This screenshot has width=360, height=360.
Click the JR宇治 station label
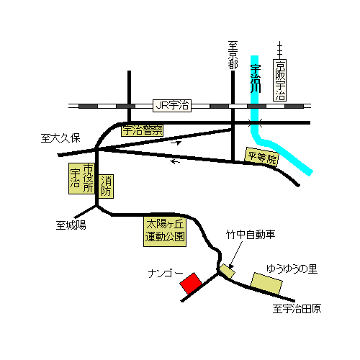click(x=172, y=106)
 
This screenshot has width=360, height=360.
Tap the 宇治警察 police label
click(x=142, y=130)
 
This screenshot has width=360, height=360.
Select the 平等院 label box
click(x=262, y=157)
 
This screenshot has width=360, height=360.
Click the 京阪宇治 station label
click(x=280, y=80)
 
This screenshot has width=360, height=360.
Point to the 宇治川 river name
click(x=256, y=78)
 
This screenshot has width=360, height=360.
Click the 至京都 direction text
click(x=233, y=55)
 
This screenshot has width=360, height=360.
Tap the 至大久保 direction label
click(x=60, y=138)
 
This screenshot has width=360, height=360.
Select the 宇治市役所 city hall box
click(x=81, y=179)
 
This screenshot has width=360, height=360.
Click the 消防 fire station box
click(x=106, y=186)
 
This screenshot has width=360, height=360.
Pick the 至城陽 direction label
click(x=71, y=225)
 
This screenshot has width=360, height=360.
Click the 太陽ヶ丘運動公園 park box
click(x=165, y=232)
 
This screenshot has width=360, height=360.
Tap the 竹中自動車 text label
click(x=251, y=234)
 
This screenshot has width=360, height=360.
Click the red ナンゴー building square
click(x=191, y=283)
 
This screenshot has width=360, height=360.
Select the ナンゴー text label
click(x=166, y=273)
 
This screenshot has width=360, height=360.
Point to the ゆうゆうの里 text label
click(x=292, y=269)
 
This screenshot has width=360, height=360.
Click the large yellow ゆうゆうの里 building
click(x=266, y=284)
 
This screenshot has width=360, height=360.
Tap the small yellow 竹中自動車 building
click(x=228, y=271)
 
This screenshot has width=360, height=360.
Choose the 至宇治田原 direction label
click(x=297, y=309)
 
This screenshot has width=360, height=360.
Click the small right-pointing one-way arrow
click(x=176, y=143)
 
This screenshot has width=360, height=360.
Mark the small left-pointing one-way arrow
click(x=175, y=161)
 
